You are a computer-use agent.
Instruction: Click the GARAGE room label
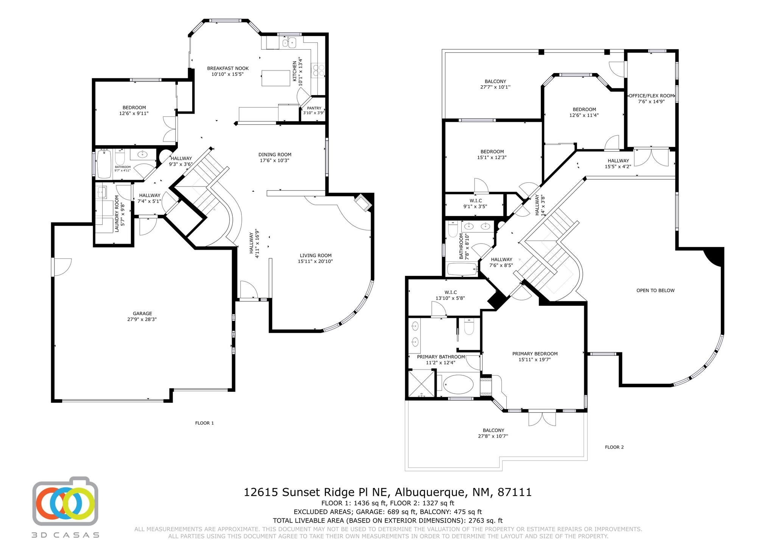(x=142, y=313)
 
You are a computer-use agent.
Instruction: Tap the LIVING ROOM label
(x=315, y=255)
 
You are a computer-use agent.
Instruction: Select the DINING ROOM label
(x=275, y=155)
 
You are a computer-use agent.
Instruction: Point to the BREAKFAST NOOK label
(x=227, y=69)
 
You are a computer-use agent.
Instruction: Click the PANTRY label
(x=314, y=108)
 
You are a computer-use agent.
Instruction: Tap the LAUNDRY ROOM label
(x=117, y=213)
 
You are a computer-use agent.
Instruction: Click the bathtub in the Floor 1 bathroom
(x=104, y=164)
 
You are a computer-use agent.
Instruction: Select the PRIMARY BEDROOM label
(x=535, y=354)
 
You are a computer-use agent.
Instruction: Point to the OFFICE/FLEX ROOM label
(x=651, y=96)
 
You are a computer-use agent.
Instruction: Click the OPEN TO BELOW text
(x=655, y=291)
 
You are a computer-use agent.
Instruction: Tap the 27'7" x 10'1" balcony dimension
(x=495, y=87)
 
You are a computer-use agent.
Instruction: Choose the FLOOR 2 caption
(x=614, y=447)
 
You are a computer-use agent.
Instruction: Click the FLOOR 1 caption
(x=204, y=423)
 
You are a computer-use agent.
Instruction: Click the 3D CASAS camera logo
(x=65, y=499)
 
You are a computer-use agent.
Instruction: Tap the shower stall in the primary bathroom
(x=421, y=384)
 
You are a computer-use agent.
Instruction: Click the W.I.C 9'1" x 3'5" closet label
(x=475, y=203)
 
